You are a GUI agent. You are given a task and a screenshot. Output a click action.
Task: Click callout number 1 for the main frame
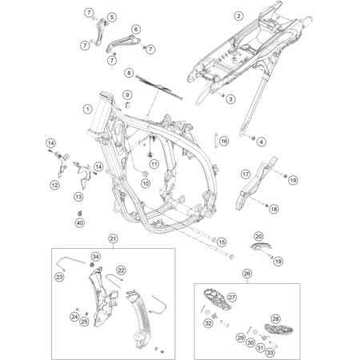[x=86, y=107]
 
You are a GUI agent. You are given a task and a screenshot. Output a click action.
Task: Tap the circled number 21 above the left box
[x=113, y=239]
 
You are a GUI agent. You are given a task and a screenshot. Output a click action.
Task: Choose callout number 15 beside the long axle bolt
[x=222, y=241]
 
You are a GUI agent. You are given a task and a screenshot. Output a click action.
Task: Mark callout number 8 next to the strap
[x=129, y=73]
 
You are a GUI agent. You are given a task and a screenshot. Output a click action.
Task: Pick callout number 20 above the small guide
[x=258, y=236]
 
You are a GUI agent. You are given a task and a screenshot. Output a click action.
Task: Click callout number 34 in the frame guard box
[x=95, y=256]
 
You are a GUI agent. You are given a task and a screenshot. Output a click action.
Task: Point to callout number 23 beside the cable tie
[x=59, y=278]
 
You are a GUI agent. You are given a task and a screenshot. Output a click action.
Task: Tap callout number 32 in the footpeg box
[x=209, y=323]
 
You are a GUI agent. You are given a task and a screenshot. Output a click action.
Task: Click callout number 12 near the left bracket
[x=54, y=185]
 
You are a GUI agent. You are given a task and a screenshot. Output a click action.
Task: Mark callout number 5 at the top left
[x=111, y=17]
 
